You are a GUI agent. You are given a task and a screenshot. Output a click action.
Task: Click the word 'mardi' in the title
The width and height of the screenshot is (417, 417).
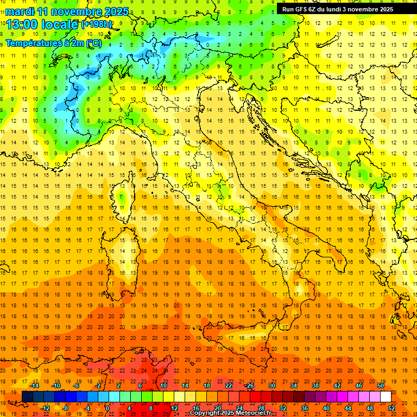point(19,11)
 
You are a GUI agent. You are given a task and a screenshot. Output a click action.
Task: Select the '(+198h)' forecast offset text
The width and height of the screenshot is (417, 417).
point(97,24)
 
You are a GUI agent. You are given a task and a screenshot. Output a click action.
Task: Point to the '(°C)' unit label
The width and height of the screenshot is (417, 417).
point(93,42)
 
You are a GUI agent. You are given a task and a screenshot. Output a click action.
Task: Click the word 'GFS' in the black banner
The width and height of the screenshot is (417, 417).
point(299,9)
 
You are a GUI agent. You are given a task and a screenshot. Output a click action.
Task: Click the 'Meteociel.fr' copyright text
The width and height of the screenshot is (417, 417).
point(250,413)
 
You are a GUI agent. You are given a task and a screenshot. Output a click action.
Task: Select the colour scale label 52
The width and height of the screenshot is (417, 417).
point(391,408)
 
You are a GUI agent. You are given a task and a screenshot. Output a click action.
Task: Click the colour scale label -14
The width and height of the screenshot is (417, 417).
point(34,385)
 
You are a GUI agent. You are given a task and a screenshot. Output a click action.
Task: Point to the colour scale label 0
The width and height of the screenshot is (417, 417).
point(108,408)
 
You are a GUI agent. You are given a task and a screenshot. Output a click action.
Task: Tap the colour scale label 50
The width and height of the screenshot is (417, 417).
point(381,385)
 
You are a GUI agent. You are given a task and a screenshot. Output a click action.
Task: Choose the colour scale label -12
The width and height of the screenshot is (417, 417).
point(45,408)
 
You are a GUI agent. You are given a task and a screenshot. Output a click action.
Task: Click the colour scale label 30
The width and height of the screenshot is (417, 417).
point(272,385)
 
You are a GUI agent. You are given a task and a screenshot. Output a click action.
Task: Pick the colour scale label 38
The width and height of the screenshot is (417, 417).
point(315,385)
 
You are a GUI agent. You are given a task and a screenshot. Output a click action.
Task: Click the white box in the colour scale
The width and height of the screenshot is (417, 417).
point(386,397)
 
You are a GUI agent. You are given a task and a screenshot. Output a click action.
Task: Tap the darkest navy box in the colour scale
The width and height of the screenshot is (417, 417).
point(27,397)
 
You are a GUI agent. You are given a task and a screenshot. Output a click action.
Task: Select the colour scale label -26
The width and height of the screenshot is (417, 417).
point(249,385)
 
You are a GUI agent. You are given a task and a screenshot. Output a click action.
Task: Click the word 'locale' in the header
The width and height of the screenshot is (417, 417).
point(60,24)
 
